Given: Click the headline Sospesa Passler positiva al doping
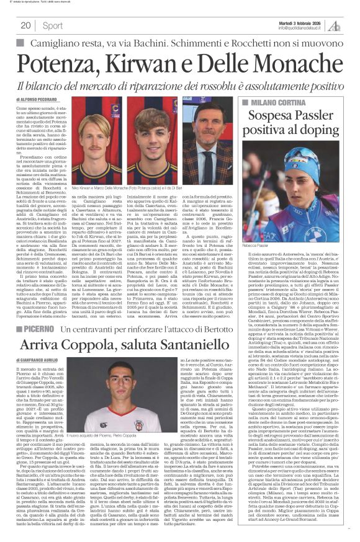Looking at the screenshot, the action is coord(290,123).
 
